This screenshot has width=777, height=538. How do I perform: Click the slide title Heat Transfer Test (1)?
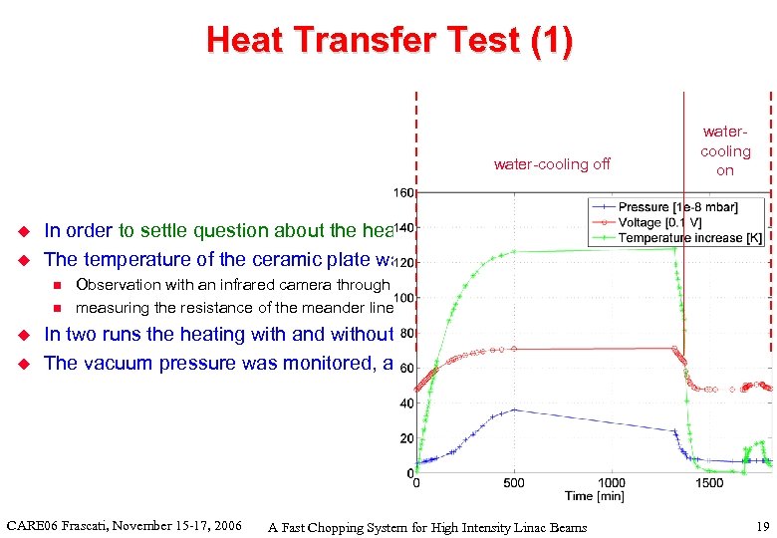tap(388, 41)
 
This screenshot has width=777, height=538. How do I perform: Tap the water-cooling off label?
tap(552, 164)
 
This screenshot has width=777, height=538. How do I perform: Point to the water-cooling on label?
tap(725, 150)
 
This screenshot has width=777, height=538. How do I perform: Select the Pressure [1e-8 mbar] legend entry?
tap(691, 206)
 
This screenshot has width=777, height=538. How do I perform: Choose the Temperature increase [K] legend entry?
tap(691, 238)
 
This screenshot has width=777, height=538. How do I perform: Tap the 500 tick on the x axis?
tap(514, 483)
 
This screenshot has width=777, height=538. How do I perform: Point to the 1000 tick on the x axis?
tap(612, 483)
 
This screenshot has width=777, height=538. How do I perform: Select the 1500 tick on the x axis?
tap(709, 483)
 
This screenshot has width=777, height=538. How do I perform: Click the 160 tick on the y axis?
tap(402, 192)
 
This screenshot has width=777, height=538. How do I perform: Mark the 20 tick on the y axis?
tap(405, 438)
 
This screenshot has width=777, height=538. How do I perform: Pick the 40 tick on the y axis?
tap(405, 403)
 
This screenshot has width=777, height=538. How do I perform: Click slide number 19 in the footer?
tap(762, 527)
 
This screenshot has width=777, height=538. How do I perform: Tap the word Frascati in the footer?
tap(97, 525)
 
